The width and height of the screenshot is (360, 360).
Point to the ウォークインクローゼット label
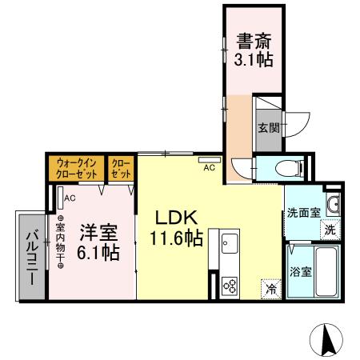(78, 168)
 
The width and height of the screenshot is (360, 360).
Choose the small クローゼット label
(122, 168)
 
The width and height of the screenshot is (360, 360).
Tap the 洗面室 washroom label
(303, 214)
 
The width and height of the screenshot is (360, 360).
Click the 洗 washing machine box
(330, 230)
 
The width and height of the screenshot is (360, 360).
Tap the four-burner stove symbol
(230, 285)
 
